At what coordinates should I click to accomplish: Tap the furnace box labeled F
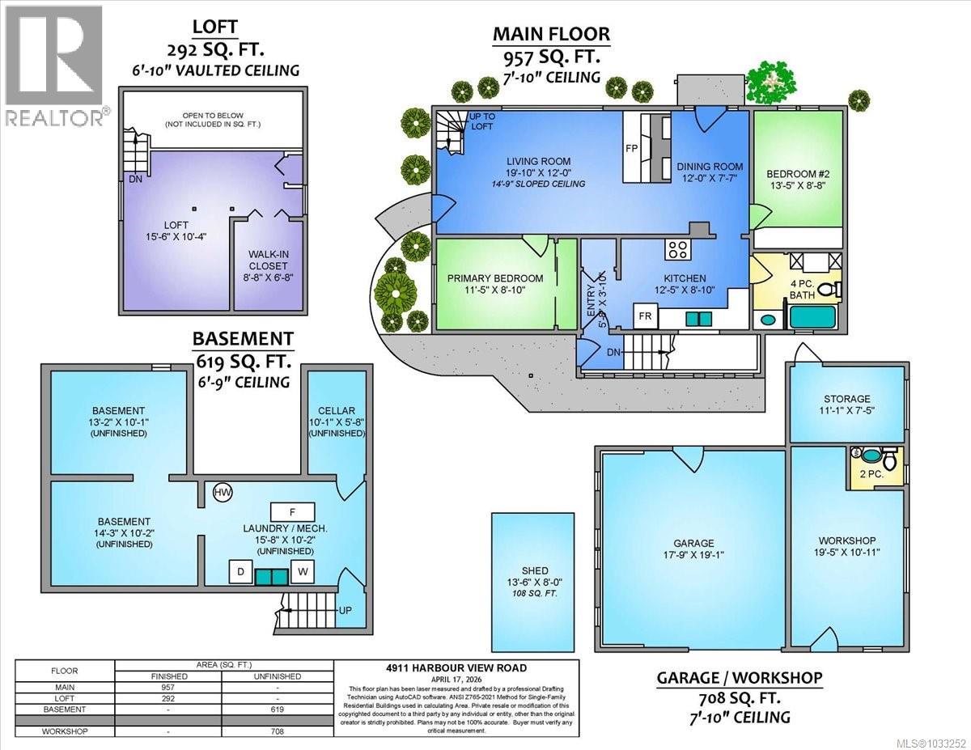[x=290, y=511]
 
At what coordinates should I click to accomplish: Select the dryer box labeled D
[x=240, y=572]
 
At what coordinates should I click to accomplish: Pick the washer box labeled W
[x=303, y=572]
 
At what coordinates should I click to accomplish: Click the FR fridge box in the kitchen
[x=645, y=315]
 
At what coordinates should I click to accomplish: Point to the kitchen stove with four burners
[x=676, y=248]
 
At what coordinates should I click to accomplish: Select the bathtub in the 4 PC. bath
[x=816, y=317]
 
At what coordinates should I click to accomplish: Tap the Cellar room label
[x=337, y=410]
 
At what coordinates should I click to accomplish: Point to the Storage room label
[x=846, y=399]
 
